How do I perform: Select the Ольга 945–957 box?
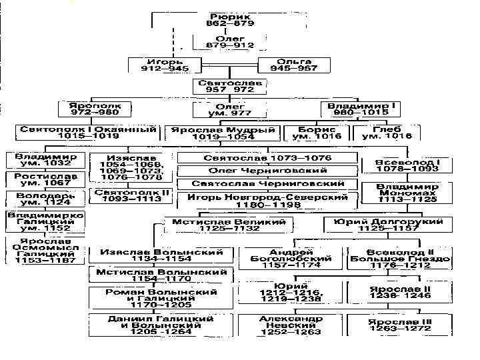click(x=295, y=64)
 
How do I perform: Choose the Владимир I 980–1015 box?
click(x=360, y=108)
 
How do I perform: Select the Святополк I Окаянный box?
click(x=88, y=131)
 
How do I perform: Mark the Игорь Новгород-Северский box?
click(x=268, y=201)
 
